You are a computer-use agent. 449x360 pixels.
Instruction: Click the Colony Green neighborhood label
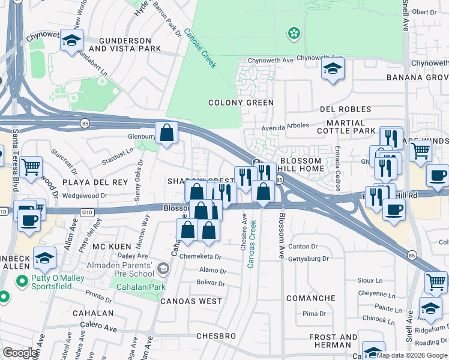point(241,103)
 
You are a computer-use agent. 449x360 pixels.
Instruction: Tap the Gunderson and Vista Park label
point(125,44)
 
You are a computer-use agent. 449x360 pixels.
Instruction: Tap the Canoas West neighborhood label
point(191,301)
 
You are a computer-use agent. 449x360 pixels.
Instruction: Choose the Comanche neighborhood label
point(310,298)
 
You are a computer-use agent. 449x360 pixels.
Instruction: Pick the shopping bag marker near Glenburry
point(167,132)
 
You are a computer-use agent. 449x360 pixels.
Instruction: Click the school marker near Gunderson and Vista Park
point(71,41)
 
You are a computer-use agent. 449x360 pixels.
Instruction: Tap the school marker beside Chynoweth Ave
point(332,68)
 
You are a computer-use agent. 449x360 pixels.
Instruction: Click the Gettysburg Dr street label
point(309,259)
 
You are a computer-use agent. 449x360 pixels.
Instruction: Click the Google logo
point(21,353)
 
